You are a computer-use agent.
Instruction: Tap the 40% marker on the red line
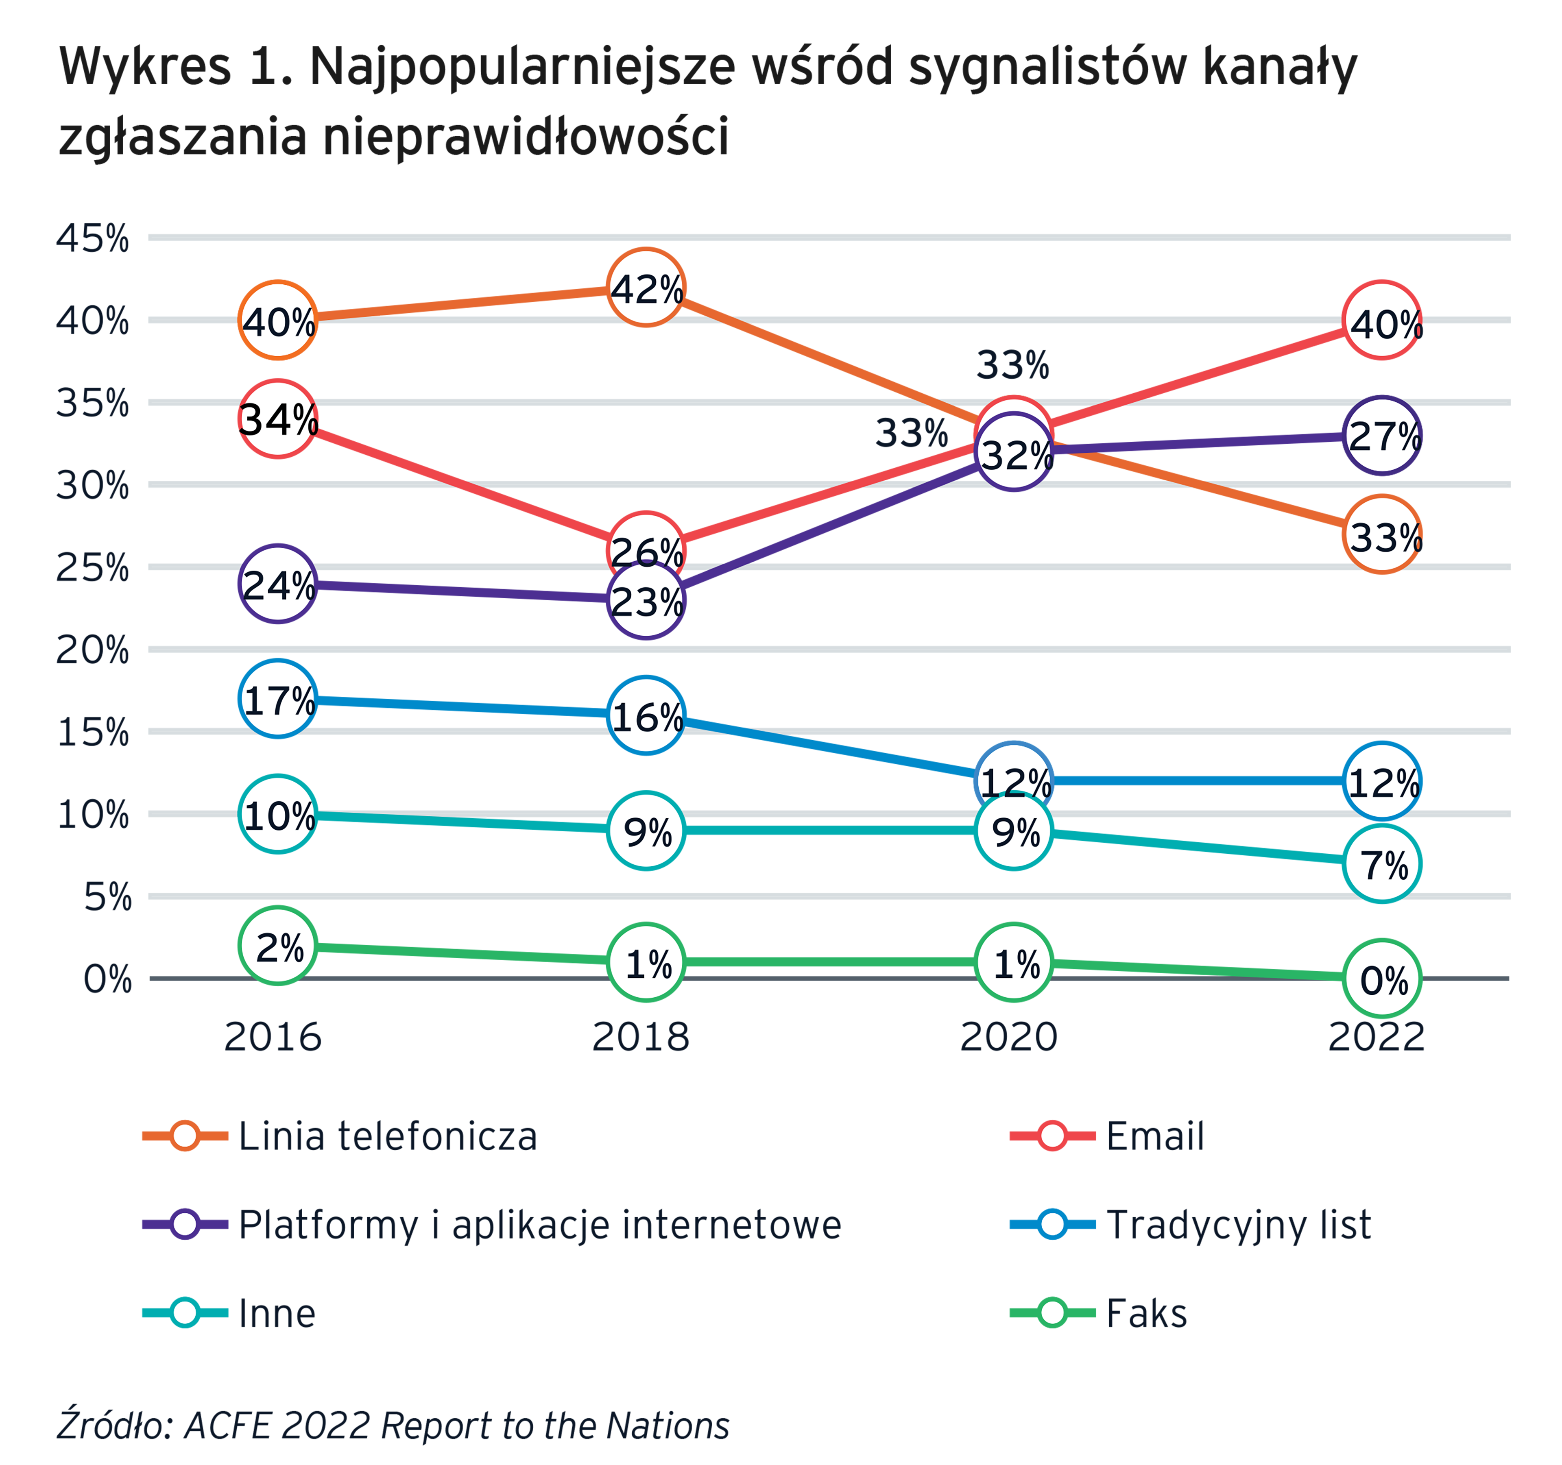coord(1384,324)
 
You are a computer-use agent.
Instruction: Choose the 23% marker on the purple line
coord(647,602)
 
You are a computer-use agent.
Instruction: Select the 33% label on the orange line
coord(1384,537)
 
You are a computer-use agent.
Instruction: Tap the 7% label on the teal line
coord(1384,864)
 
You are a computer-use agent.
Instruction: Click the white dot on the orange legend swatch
coord(185,1136)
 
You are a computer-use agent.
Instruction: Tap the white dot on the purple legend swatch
coord(185,1224)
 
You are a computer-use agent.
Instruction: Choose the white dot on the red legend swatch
coord(1053,1136)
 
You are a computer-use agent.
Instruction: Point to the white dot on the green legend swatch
coord(1053,1312)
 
